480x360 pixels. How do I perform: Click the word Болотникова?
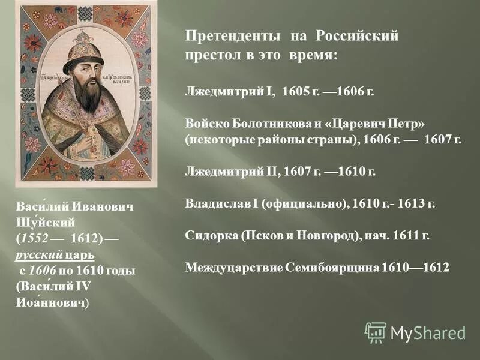coord(259,122)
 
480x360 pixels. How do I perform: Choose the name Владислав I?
coord(221,203)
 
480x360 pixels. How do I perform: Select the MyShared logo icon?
coord(376,332)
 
